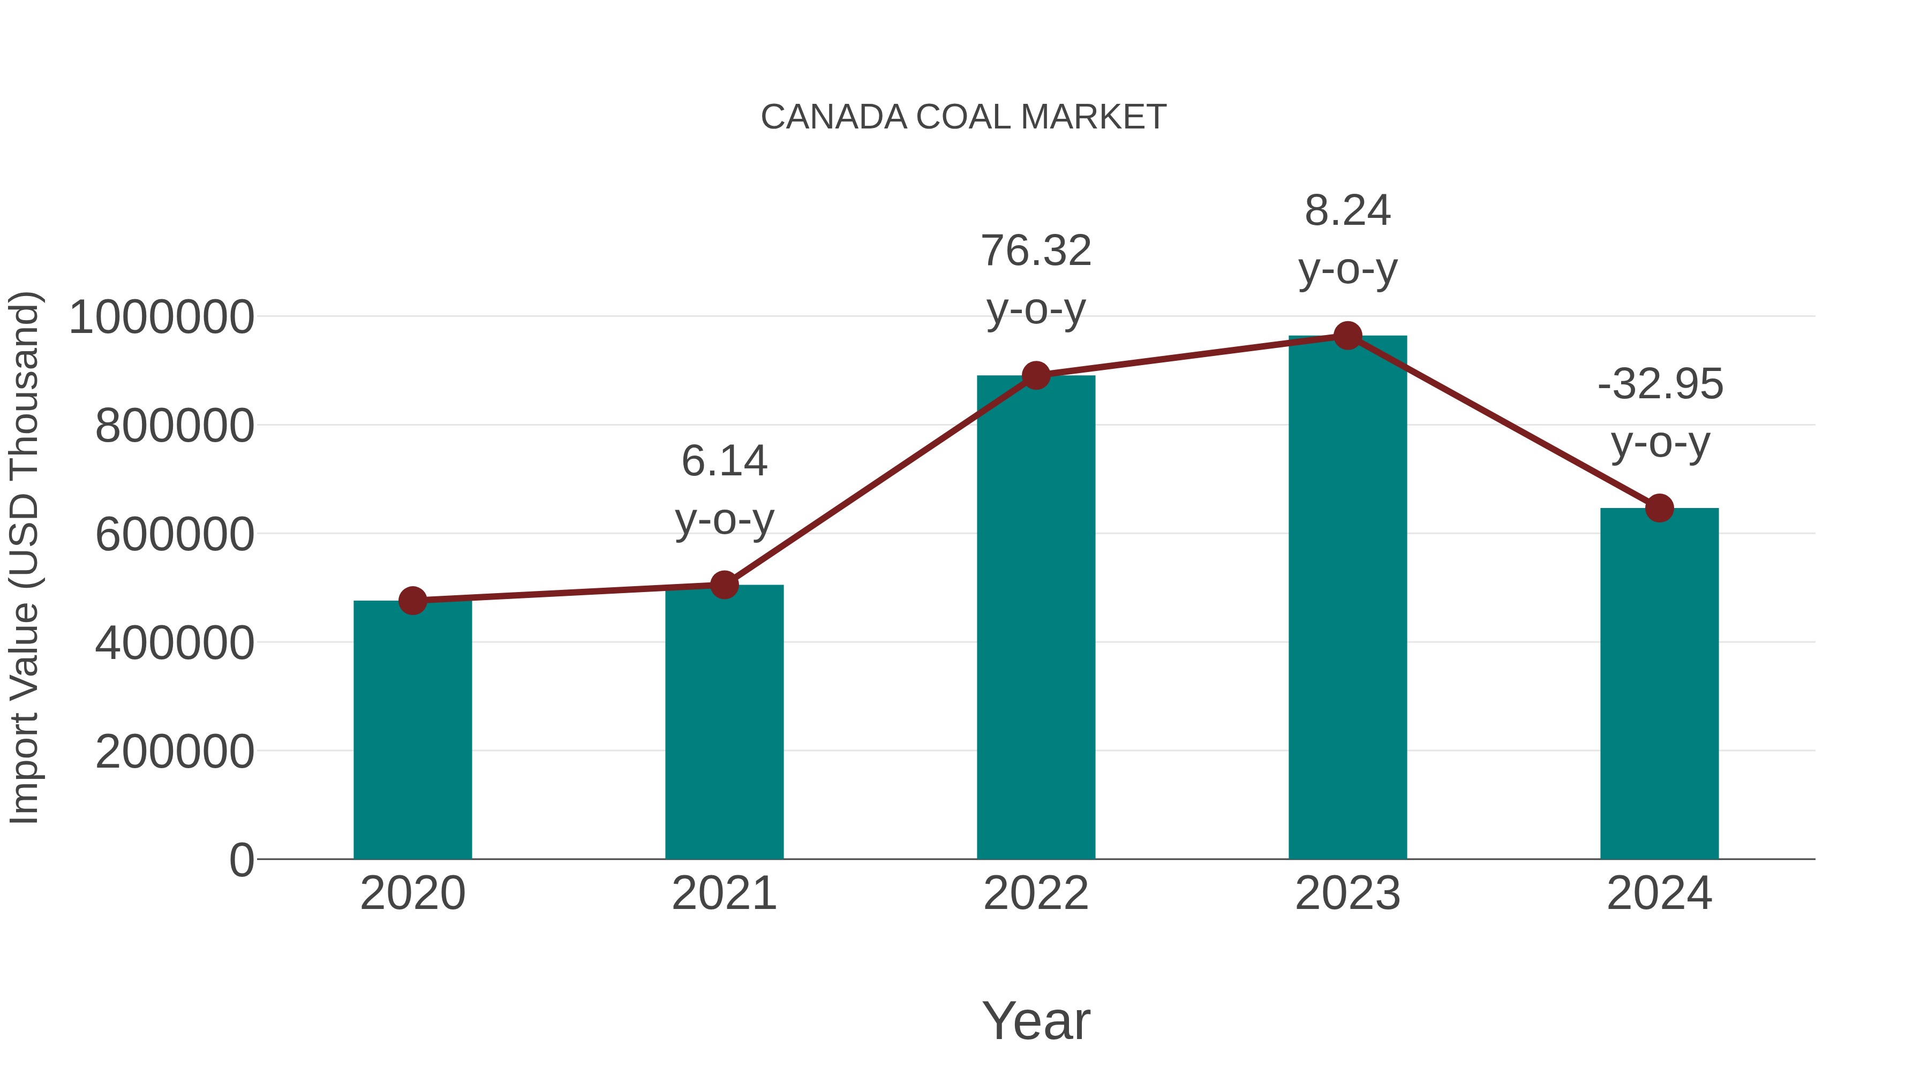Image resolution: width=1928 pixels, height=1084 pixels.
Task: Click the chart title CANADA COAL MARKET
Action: (x=963, y=117)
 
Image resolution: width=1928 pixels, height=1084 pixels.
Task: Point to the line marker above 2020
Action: (x=412, y=601)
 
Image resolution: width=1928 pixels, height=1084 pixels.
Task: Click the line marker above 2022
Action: (x=1036, y=376)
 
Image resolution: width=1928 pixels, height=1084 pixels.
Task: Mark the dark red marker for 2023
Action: (x=1347, y=336)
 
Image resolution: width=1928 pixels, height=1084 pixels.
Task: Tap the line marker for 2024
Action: (x=1659, y=509)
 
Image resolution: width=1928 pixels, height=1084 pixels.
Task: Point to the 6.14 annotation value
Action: (x=724, y=461)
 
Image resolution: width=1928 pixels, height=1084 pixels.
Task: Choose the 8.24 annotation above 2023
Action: (x=1347, y=211)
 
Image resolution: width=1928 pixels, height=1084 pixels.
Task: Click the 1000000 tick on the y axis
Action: (x=161, y=317)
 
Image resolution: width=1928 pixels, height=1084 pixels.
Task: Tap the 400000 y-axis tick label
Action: (x=175, y=642)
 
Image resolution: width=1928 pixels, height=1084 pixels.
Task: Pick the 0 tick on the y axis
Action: (x=241, y=860)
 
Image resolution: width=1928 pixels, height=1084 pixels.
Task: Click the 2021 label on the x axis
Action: (x=724, y=893)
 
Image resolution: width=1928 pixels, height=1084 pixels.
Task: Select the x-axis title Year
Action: (x=1036, y=1020)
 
